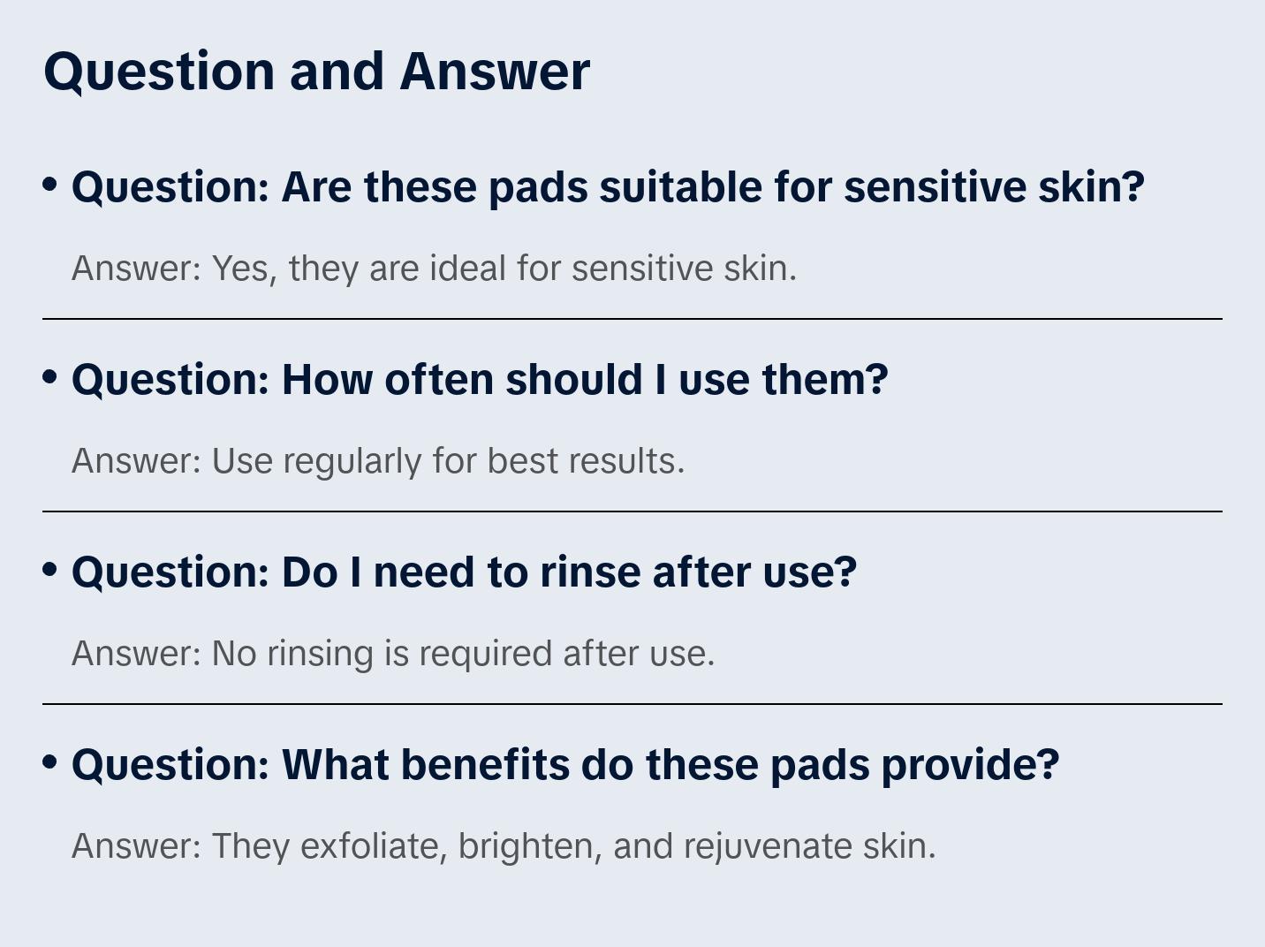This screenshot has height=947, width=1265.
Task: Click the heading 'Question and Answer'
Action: coord(316,72)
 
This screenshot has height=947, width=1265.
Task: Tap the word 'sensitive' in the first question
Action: coord(935,187)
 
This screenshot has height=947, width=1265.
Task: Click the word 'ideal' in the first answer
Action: coord(468,269)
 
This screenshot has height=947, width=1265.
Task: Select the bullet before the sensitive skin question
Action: coord(50,185)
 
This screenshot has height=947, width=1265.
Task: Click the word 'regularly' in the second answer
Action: coord(352,462)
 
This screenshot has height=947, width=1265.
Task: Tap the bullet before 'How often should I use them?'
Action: coord(50,377)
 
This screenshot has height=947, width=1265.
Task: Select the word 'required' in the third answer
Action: coord(486,655)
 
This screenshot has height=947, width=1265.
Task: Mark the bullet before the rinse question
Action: coord(50,570)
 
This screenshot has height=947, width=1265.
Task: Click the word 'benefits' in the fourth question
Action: coord(485,765)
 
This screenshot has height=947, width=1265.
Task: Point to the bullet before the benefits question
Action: coord(50,762)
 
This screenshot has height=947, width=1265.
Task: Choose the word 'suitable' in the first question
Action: coord(680,187)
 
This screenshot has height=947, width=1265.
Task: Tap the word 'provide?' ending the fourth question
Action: coord(971,766)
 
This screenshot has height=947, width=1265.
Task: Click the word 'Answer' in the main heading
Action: coord(495,72)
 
